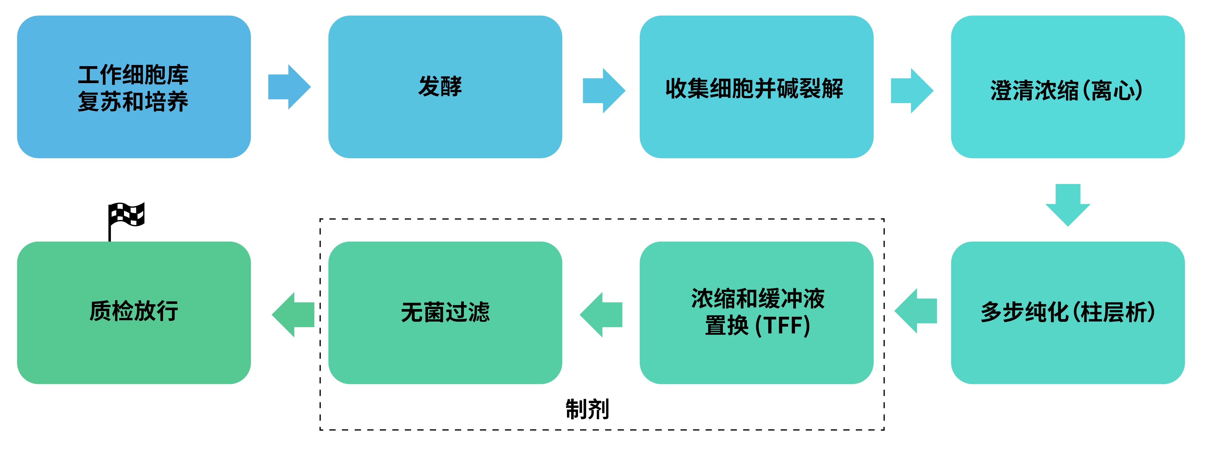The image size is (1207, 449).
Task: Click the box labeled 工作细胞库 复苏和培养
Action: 134,87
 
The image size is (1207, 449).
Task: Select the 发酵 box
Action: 445,87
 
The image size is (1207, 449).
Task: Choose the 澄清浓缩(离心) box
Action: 1067,87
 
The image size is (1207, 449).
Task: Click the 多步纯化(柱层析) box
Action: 1067,313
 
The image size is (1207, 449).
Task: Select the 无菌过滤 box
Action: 445,313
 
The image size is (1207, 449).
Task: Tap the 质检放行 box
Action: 134,313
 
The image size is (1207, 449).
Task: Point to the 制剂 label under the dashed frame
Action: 587,409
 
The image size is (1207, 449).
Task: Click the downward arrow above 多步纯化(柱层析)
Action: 1067,205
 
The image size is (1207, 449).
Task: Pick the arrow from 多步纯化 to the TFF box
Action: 916,311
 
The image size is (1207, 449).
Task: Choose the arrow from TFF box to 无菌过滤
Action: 601,315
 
